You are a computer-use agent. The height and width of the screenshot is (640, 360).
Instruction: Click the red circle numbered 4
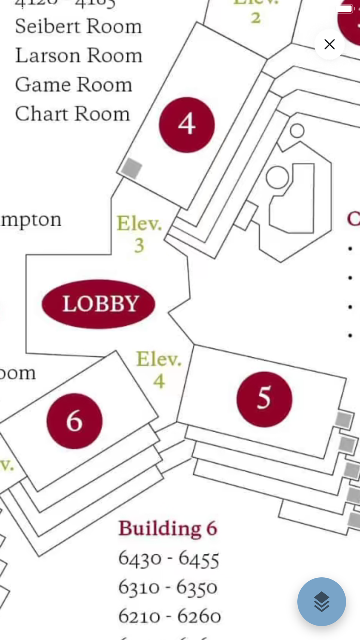pyautogui.click(x=187, y=125)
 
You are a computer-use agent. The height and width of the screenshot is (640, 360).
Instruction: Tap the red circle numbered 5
pyautogui.click(x=264, y=399)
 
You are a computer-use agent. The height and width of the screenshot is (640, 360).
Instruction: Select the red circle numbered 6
pyautogui.click(x=75, y=421)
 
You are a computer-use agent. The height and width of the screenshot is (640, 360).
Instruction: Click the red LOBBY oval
pyautogui.click(x=99, y=304)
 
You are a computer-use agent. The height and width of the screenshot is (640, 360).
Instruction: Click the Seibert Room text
pyautogui.click(x=78, y=27)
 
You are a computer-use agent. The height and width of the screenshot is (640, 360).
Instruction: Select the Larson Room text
pyautogui.click(x=78, y=56)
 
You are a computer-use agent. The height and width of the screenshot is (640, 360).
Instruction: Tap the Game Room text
pyautogui.click(x=73, y=85)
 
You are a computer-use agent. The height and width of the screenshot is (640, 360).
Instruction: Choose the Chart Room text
pyautogui.click(x=72, y=114)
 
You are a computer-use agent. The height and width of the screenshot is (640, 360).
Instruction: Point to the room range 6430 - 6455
pyautogui.click(x=168, y=559)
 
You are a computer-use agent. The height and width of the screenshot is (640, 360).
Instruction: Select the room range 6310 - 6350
pyautogui.click(x=168, y=587)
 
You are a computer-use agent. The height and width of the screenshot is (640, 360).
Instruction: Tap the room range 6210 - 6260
pyautogui.click(x=169, y=616)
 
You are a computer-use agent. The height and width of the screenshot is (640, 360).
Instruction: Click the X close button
pyautogui.click(x=329, y=44)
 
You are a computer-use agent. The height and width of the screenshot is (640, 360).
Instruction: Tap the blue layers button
pyautogui.click(x=321, y=601)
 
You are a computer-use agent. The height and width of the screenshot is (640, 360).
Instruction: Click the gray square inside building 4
pyautogui.click(x=131, y=168)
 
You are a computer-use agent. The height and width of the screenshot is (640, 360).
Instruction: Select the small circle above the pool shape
pyautogui.click(x=297, y=130)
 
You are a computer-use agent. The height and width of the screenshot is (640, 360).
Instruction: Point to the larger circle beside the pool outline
pyautogui.click(x=277, y=177)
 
